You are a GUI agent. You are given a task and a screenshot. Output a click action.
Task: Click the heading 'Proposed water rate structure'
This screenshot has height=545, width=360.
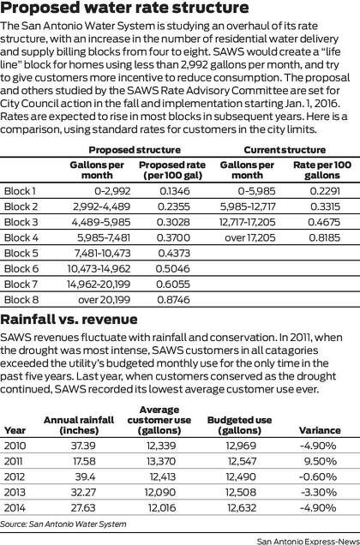(x=124, y=8)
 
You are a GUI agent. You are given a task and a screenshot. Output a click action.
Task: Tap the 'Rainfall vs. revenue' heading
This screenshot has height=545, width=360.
(x=69, y=319)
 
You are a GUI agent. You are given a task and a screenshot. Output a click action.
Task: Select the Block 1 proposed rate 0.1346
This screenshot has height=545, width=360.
(x=175, y=191)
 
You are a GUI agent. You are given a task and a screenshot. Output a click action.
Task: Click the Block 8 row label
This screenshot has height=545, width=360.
(x=21, y=300)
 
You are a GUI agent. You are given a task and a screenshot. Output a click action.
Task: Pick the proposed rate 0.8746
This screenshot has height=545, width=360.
(x=173, y=300)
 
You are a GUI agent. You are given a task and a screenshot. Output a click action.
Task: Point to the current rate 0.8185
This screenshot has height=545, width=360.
(x=325, y=237)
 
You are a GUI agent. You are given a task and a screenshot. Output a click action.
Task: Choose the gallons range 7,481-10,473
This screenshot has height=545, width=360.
(x=103, y=254)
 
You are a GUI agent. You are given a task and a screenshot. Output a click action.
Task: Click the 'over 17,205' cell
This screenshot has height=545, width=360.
(x=250, y=237)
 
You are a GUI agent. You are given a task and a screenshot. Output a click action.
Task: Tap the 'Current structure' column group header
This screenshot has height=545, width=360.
(x=285, y=150)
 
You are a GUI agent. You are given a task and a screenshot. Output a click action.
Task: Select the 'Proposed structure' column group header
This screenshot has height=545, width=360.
(x=135, y=150)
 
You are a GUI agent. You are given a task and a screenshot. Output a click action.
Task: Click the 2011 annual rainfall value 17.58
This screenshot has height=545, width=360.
(x=84, y=461)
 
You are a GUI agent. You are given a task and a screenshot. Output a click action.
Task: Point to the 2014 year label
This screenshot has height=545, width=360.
(x=15, y=508)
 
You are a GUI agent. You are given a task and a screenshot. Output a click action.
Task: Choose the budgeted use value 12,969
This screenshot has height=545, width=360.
(x=241, y=446)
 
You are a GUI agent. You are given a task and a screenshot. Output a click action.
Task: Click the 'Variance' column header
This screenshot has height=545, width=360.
(x=320, y=430)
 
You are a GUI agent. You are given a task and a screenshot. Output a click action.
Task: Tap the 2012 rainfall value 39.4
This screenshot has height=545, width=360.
(x=85, y=476)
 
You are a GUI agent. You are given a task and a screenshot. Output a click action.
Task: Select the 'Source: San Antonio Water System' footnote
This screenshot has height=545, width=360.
(x=63, y=524)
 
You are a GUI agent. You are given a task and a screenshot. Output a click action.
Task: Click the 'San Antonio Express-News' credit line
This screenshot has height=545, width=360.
(x=309, y=542)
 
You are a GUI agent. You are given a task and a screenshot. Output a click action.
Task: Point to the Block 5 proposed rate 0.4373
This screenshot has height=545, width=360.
(x=174, y=254)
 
